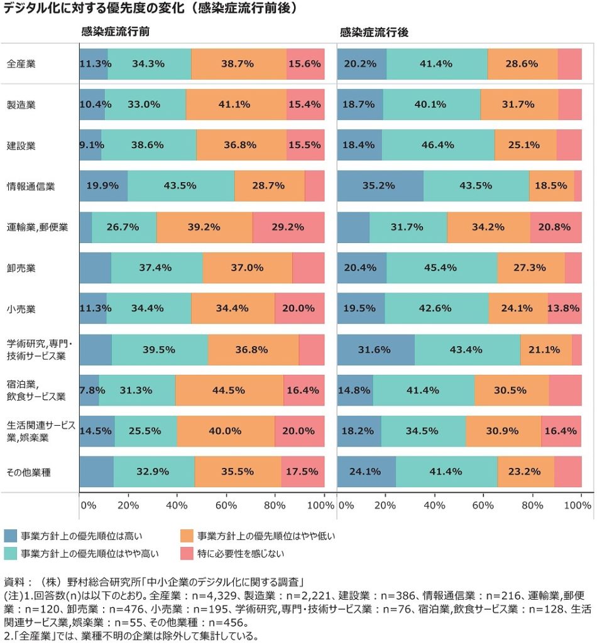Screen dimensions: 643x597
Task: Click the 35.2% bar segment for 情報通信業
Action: (380, 186)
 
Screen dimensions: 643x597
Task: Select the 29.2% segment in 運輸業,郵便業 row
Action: (288, 227)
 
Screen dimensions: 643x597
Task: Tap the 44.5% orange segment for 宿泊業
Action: (229, 390)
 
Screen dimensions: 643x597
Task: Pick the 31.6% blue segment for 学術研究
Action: (376, 349)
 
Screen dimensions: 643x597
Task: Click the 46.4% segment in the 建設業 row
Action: (438, 145)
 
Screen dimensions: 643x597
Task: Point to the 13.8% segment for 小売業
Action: (564, 308)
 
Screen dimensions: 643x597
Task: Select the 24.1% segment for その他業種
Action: (366, 472)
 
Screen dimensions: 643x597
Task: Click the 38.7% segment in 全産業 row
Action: (238, 63)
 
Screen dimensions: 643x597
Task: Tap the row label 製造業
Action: (21, 104)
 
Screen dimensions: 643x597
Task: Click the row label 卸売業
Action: (21, 268)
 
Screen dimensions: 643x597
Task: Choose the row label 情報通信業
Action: (31, 186)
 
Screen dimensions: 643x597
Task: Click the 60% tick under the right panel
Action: (483, 505)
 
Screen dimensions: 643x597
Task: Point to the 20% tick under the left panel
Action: (128, 505)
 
